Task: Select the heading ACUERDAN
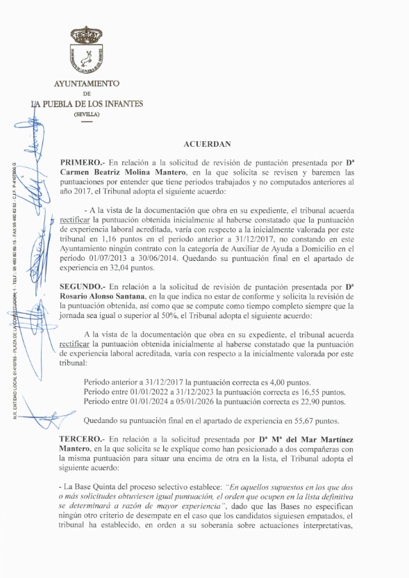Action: (x=206, y=144)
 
